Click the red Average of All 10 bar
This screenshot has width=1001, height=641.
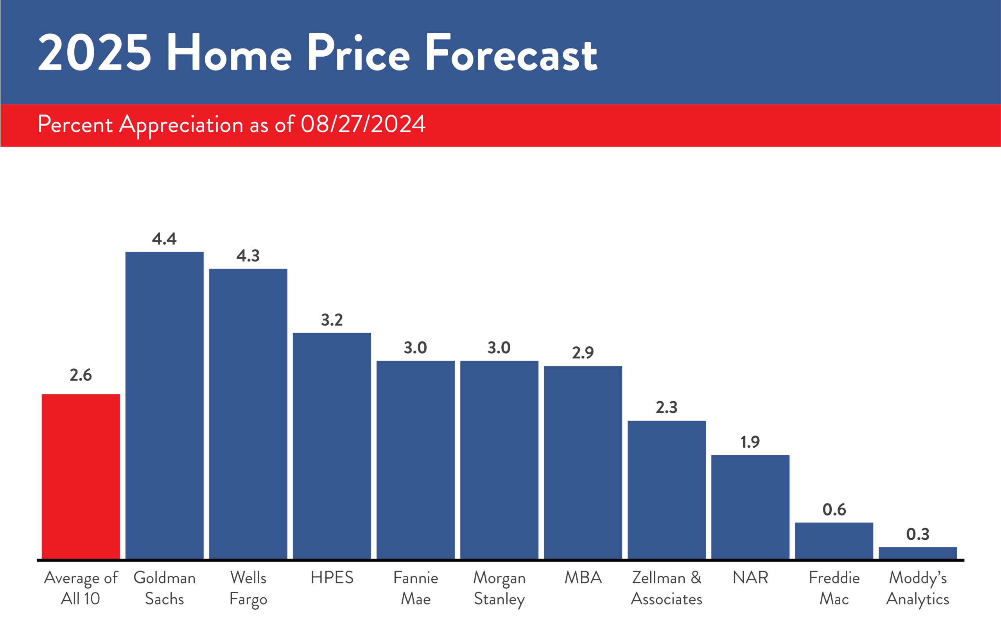click(x=81, y=476)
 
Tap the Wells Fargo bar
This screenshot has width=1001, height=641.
click(x=248, y=414)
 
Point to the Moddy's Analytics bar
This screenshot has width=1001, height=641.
click(x=918, y=553)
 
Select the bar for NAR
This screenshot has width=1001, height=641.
click(x=750, y=507)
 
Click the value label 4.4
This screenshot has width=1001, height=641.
click(x=164, y=239)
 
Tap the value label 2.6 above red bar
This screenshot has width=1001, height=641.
click(x=81, y=375)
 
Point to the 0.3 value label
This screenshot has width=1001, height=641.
click(x=918, y=534)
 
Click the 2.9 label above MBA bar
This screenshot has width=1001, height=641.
click(x=583, y=353)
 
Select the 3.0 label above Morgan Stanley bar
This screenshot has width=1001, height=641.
click(x=499, y=347)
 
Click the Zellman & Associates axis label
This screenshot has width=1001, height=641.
click(x=667, y=588)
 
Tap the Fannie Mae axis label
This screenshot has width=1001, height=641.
click(x=416, y=588)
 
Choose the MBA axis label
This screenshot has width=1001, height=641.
click(x=583, y=578)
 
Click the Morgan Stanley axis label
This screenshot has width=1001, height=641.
click(x=499, y=588)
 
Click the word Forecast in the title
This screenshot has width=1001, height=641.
click(x=511, y=54)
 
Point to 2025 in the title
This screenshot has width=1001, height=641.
click(x=95, y=54)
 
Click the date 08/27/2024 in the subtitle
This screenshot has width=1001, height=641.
click(x=363, y=124)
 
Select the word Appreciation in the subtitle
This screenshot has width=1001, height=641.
click(x=181, y=124)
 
